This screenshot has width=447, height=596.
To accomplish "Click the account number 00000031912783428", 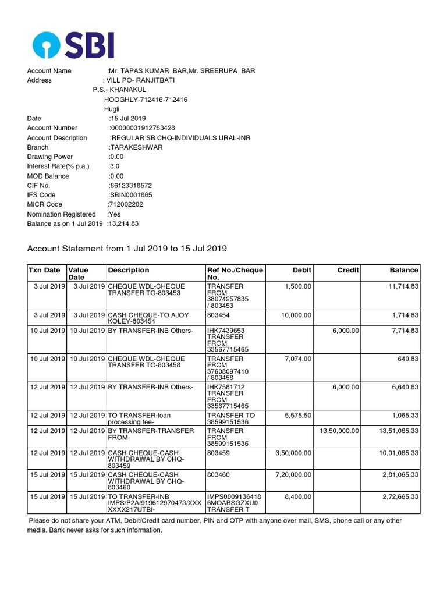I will [x=143, y=128].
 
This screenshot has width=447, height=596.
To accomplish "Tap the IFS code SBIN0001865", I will [x=130, y=195].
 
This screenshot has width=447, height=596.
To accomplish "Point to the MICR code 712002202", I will [x=125, y=204].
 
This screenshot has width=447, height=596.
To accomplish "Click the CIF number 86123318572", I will [x=130, y=186].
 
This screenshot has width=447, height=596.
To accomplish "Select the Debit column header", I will [x=302, y=270].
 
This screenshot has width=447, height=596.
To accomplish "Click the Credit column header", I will [x=348, y=270].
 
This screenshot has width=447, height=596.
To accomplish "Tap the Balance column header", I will [x=404, y=270].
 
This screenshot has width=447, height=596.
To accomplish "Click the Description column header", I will [x=128, y=270].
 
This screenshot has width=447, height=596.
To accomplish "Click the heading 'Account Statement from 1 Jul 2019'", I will [x=127, y=249].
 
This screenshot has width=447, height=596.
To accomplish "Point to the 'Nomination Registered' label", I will [x=61, y=214].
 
